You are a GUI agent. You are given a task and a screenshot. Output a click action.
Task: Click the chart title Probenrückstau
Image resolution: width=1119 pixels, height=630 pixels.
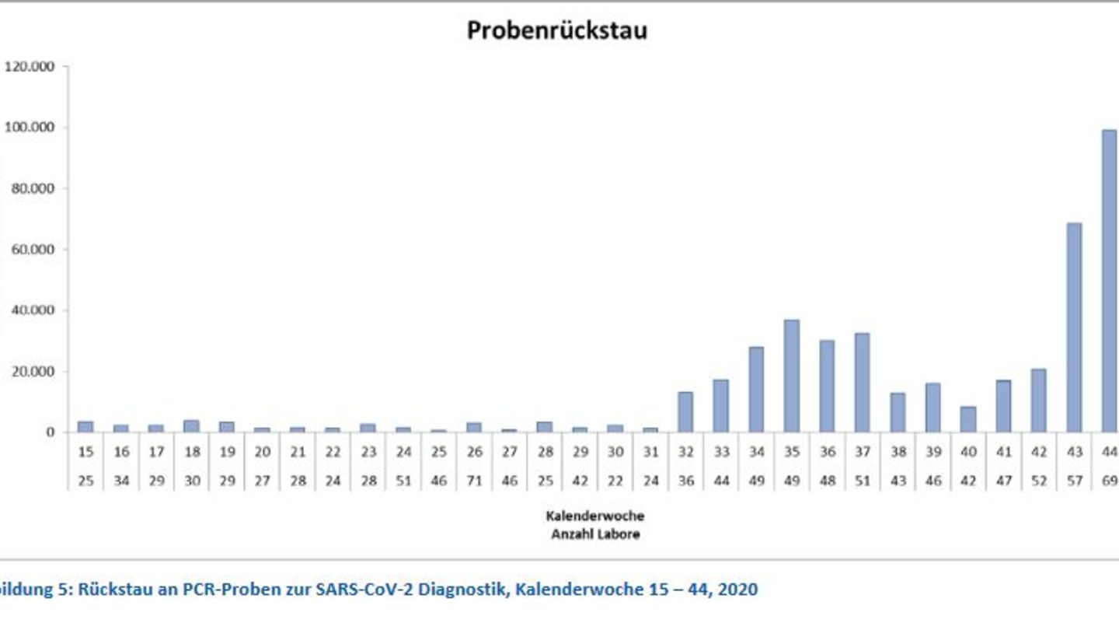pos(556,30)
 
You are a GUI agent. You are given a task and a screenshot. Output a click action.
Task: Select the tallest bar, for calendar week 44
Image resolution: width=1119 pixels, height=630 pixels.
pos(1109,280)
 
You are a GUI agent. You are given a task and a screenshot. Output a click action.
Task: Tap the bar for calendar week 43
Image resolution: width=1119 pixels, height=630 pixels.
pos(1074,327)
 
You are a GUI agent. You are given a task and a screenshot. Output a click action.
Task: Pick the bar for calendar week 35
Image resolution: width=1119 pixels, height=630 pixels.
pos(791,376)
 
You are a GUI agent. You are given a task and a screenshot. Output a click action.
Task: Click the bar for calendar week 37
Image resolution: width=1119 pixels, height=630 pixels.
pos(862,382)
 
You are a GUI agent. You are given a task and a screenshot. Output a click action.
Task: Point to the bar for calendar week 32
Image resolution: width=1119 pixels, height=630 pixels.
pos(685,411)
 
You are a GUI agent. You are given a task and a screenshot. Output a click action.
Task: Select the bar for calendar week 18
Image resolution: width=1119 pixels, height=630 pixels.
pos(191,425)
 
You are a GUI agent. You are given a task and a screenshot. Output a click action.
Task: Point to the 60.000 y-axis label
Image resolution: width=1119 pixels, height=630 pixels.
pos(33,250)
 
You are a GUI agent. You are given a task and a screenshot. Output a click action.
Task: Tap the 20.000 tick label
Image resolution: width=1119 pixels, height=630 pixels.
pos(33,372)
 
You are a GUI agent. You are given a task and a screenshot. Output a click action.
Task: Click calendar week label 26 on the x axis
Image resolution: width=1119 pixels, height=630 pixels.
pos(474,452)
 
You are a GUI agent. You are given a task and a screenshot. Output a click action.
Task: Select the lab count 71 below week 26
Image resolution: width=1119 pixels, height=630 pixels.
pos(474,481)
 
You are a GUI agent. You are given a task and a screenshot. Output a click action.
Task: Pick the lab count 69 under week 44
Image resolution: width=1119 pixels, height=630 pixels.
pos(1109,481)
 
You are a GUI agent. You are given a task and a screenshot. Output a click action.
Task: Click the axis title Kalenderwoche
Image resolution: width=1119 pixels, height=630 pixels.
pos(594,516)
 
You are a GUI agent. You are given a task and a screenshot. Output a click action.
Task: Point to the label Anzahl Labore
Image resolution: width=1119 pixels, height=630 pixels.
pos(595,534)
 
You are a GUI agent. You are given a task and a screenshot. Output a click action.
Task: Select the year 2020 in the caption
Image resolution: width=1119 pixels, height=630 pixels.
pos(737,590)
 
